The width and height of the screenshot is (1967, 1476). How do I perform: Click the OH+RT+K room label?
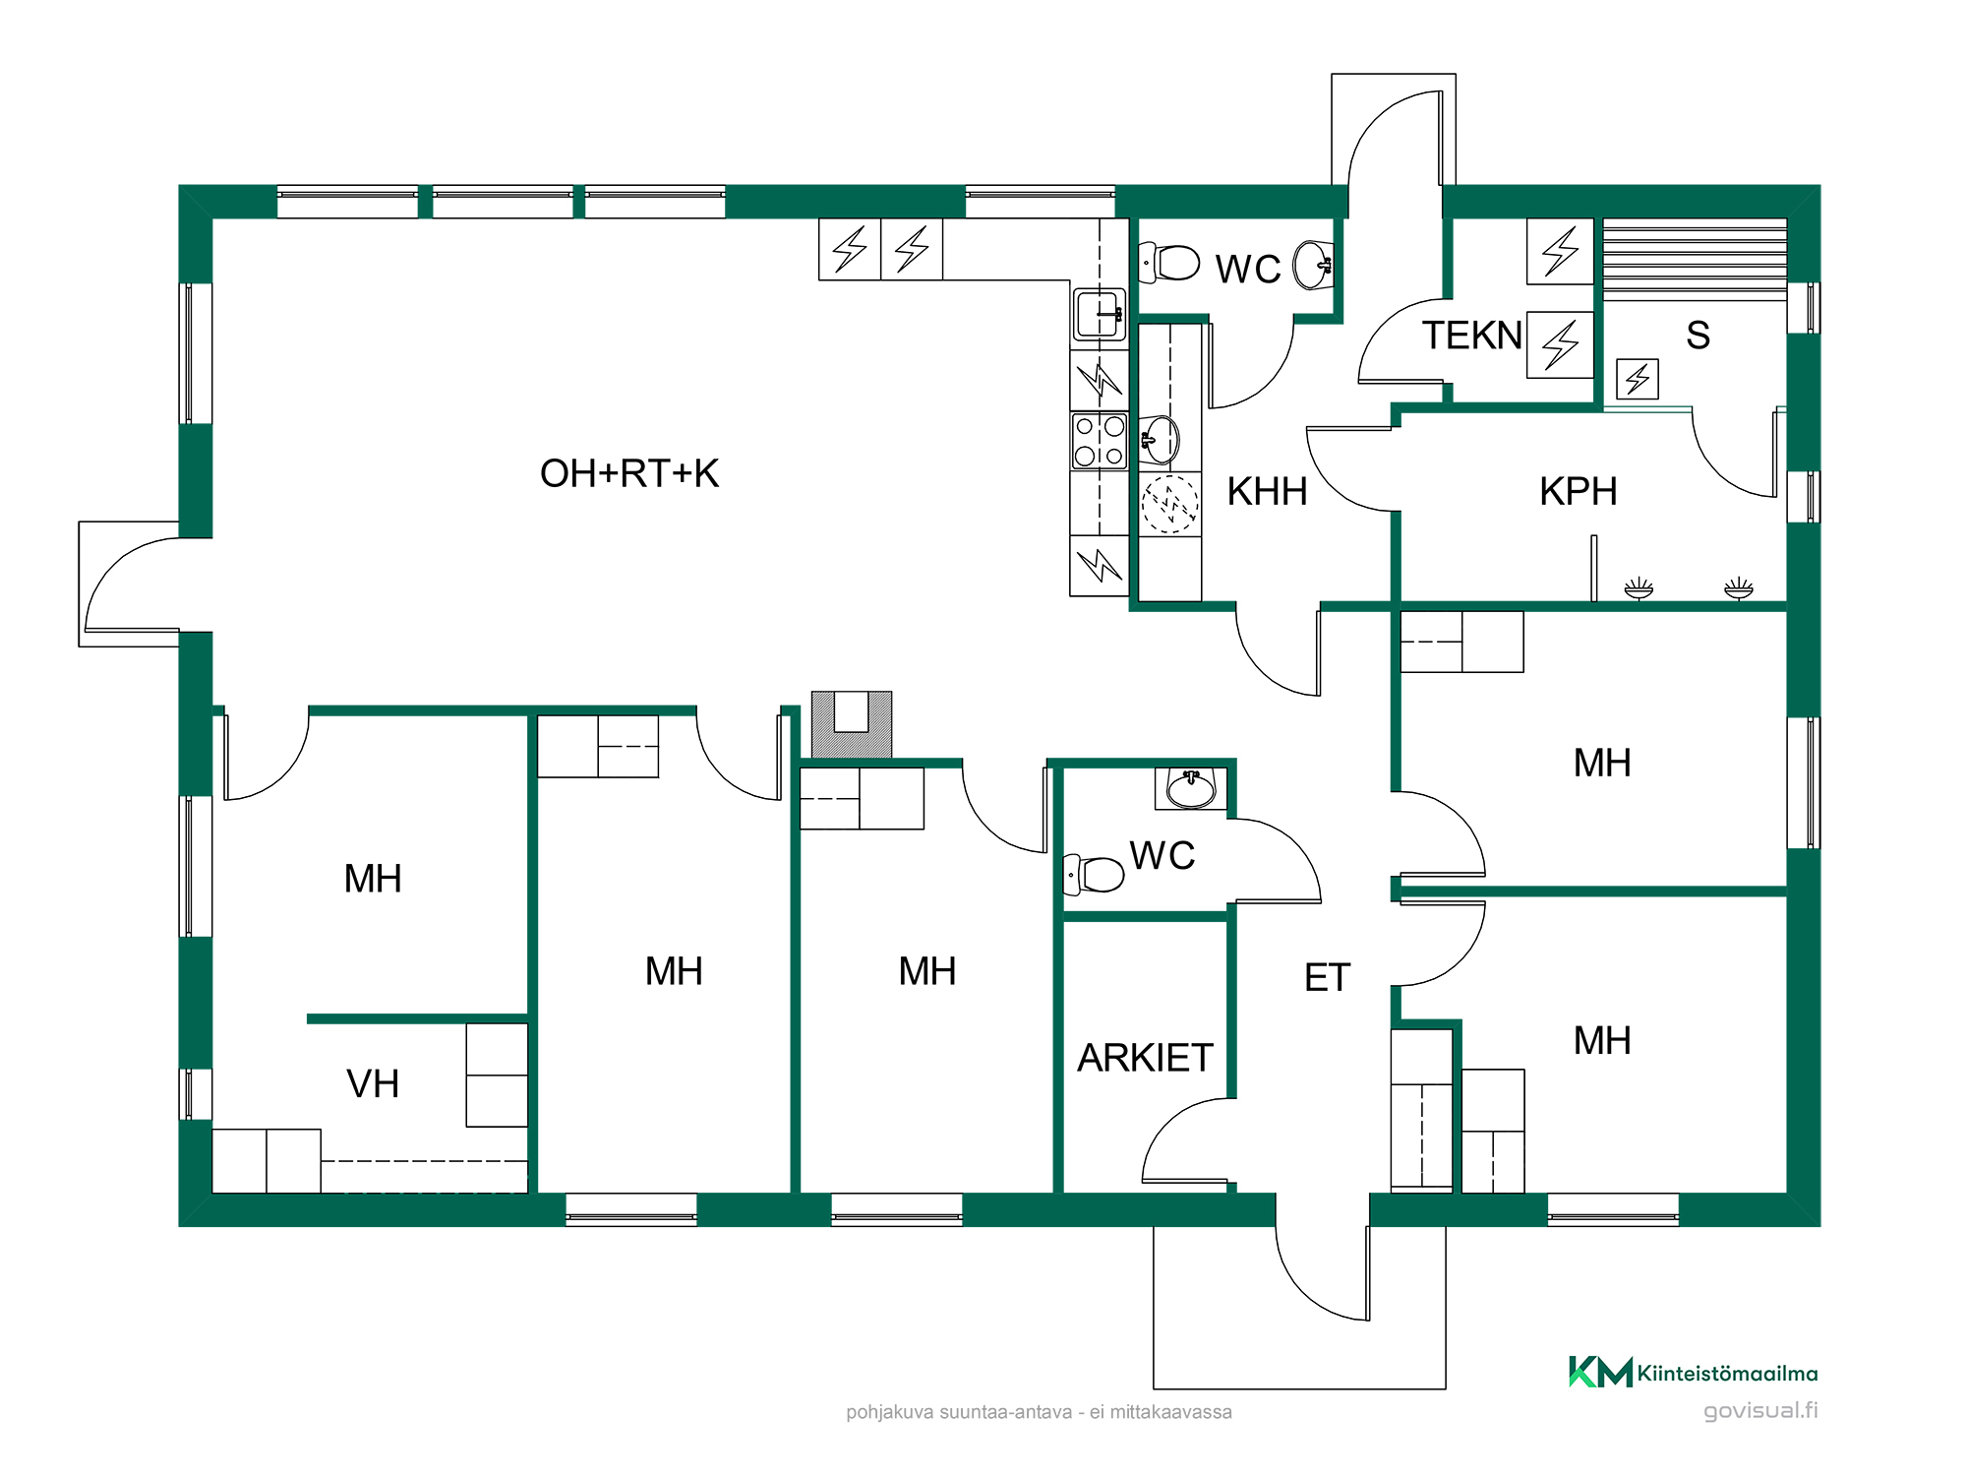coord(629,473)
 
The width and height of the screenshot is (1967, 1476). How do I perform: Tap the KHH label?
coord(1267,491)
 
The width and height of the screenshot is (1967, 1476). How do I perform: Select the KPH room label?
coord(1579,491)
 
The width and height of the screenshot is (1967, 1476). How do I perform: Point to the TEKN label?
coord(1472,336)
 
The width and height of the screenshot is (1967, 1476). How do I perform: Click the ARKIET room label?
coord(1146,1058)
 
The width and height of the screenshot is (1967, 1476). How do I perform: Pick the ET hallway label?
coord(1328,977)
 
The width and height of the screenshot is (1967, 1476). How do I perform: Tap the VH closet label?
coord(373,1083)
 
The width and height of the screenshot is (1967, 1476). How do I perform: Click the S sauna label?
coord(1698,336)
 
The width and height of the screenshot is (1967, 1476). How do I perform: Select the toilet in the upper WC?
coord(1169,263)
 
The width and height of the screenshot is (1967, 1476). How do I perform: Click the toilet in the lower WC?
coord(1094,874)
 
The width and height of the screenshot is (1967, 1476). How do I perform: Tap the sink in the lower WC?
coord(1191,788)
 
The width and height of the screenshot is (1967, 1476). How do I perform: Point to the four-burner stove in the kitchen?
coord(1100,441)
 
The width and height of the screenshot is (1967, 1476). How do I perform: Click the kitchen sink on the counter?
coord(1100,314)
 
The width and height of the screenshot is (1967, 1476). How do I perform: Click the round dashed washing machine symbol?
coord(1169,504)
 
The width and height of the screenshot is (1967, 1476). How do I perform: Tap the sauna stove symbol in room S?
coord(1638,379)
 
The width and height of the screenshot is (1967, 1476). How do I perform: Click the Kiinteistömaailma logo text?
coord(1727,1374)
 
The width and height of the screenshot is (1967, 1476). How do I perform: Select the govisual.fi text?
coord(1760,1410)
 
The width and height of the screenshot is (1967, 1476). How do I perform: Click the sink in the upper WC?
coord(1313,265)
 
